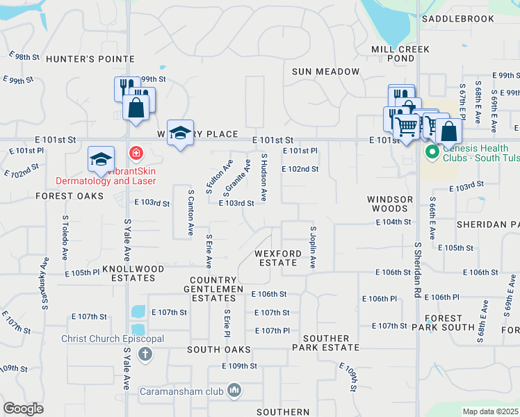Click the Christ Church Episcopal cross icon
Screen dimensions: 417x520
(x=145, y=355)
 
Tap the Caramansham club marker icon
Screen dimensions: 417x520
(x=235, y=392)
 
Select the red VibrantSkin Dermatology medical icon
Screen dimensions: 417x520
(x=136, y=152)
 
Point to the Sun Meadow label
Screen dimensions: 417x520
(x=326, y=72)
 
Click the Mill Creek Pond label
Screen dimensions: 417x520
(x=400, y=54)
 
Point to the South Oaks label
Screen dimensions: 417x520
(x=218, y=350)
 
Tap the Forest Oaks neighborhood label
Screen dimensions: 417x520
(x=70, y=196)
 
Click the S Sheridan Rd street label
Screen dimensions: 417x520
(x=419, y=270)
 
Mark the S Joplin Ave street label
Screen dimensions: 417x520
(x=314, y=247)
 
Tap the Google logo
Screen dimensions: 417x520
(x=23, y=409)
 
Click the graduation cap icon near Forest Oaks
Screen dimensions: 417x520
(x=101, y=159)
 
